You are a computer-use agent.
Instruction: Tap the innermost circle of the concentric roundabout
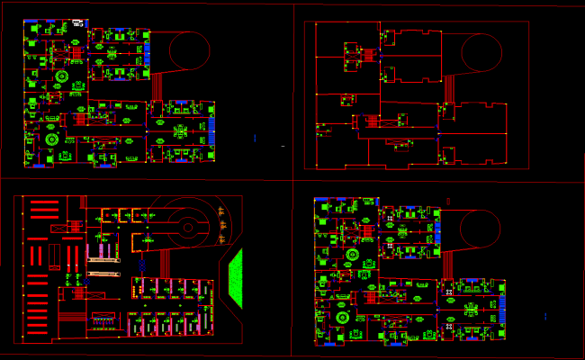tap(187, 227)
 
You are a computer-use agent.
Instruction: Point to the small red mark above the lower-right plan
tap(447, 200)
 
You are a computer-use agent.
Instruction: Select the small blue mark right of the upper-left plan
tap(255, 138)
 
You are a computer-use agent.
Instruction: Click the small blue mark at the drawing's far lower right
tap(545, 315)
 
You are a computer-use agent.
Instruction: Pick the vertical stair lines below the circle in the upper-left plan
tap(159, 87)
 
